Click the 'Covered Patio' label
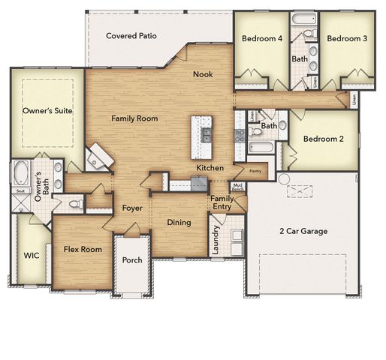point(131,35)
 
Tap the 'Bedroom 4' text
point(261,38)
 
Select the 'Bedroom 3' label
point(346,38)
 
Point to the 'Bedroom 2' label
point(324,139)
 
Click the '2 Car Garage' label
point(303,231)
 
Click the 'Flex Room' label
point(83,249)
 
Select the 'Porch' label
point(132,261)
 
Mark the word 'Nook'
point(202,73)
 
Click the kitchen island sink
point(205,135)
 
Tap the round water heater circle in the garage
point(283,178)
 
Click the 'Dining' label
point(179,223)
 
